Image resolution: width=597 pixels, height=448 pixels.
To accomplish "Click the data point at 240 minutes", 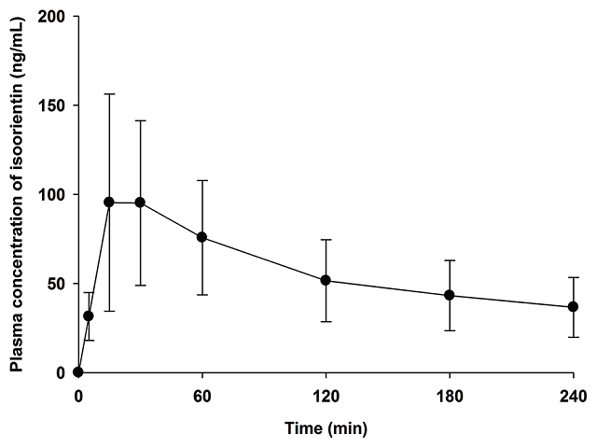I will pos(573,307).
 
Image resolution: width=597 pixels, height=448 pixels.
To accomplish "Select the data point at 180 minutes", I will pos(450,295).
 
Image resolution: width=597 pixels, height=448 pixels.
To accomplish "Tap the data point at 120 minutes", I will pos(326,280).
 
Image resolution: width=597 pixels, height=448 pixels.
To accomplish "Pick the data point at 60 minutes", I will pos(202,237).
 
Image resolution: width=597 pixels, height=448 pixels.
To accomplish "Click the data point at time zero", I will pos(78,371).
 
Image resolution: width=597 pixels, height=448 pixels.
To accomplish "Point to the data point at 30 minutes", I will pos(141,203).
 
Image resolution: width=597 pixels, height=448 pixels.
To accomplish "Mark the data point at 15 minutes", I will pos(109,202).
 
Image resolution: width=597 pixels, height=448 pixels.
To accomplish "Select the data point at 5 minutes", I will pos(89,315).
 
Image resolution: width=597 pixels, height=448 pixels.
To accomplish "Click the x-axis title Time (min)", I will pos(326,429).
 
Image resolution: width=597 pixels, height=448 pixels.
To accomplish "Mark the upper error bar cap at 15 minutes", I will pos(109,93).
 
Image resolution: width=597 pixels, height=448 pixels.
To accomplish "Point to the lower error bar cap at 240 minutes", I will pos(573,337).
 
